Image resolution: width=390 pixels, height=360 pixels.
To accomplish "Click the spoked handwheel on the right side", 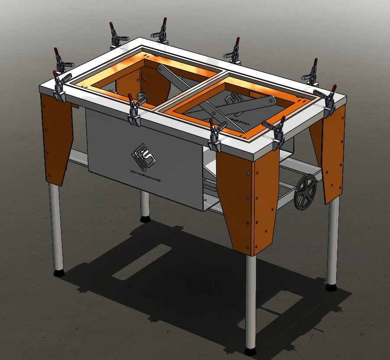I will (305, 192).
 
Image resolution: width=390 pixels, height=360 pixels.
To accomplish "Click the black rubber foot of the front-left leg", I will (58, 273).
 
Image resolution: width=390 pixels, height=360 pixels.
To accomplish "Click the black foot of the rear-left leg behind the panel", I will (145, 219).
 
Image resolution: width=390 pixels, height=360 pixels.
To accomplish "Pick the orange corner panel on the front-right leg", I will (248, 199).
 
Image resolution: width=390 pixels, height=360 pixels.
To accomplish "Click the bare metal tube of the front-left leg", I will (56, 225).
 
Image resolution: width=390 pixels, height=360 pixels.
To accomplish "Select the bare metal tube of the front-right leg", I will (250, 299).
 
